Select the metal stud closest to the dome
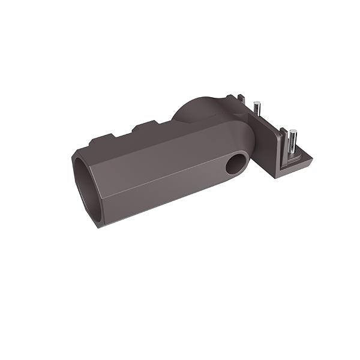point(256,112)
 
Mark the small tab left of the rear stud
point(241,97)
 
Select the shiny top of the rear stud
point(256,103)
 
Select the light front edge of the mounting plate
point(297,167)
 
